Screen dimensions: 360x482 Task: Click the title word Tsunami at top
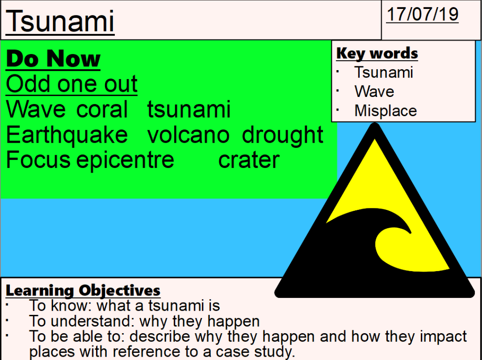coord(60,22)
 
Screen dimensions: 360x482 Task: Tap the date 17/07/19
coord(422,14)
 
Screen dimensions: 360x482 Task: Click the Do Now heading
coord(53,60)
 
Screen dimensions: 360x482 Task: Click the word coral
coord(102,110)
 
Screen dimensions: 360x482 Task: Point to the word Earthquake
coord(67,135)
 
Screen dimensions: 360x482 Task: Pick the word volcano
coord(188,135)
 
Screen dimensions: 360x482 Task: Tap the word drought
coord(282,135)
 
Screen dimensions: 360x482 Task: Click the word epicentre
coord(125,160)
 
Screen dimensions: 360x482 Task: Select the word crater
coord(249,160)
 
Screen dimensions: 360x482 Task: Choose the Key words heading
coord(377,54)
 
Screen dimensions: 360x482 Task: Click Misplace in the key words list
coord(386,111)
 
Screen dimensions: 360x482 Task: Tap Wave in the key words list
coord(374,92)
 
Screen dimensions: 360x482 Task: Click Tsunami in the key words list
coord(384,72)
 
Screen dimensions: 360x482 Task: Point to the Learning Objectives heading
coord(83,290)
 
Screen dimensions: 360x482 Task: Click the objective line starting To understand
coord(144,321)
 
